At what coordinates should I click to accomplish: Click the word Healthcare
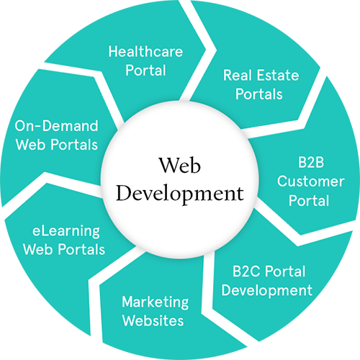pos(145,51)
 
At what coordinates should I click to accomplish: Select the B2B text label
pos(311,162)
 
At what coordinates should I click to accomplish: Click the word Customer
pos(311,181)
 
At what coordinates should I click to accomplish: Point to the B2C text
pos(246,271)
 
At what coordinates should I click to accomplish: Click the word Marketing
pos(156,302)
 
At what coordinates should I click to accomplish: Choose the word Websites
pos(153,320)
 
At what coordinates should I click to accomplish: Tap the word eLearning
pos(66,231)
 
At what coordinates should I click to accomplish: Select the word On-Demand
pos(56,125)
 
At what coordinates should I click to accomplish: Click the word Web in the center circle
pos(180,165)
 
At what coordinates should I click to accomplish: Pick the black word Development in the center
pos(180,194)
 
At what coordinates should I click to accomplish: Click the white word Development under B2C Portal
pos(267,291)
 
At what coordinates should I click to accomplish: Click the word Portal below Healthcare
pos(145,70)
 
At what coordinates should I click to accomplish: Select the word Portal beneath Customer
pos(309,200)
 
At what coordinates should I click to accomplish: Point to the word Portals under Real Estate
pos(258,94)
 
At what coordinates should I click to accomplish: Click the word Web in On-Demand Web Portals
pos(31,145)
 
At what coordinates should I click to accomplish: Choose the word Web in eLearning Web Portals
pos(38,249)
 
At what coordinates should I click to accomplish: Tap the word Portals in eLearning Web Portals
pos(81,249)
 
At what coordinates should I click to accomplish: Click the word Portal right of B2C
pos(285,271)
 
